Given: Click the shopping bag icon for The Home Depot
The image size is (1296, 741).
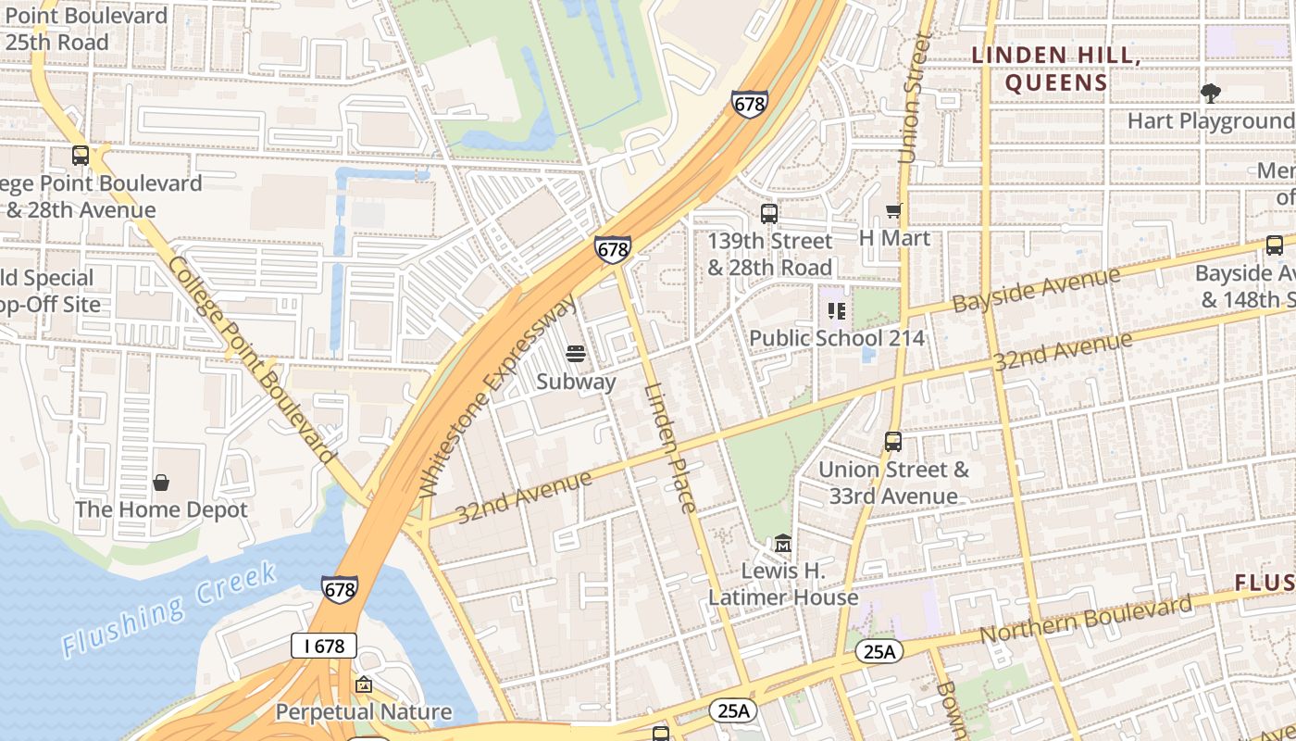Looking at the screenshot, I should click(x=161, y=483).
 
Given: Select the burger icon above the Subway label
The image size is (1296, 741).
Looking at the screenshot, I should click(x=576, y=354).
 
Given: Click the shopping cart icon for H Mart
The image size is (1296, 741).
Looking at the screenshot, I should click(x=893, y=211).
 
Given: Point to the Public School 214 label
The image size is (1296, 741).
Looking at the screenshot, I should click(x=836, y=338).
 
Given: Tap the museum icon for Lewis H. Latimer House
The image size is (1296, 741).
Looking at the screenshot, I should click(x=783, y=542).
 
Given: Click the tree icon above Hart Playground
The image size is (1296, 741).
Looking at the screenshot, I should click(x=1210, y=93).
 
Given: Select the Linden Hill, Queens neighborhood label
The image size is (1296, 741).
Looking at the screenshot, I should click(x=1055, y=69).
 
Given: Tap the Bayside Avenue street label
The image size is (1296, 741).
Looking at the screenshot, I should click(x=1036, y=290).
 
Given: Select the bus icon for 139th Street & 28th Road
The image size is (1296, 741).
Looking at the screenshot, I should click(x=768, y=214).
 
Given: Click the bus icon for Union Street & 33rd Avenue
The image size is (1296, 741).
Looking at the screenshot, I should click(x=892, y=442).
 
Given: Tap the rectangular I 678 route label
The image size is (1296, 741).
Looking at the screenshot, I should click(x=324, y=646).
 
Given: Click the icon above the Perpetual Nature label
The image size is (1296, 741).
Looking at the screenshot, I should click(x=364, y=685).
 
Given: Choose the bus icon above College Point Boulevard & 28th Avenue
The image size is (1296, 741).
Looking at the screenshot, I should click(x=81, y=156).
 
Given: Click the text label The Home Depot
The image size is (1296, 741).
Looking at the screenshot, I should click(x=161, y=509).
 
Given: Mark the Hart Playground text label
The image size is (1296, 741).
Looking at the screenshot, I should click(x=1210, y=120).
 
